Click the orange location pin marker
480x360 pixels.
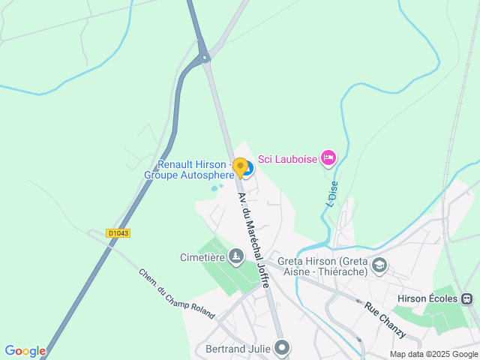[240, 166]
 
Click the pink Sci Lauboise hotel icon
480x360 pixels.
[328, 157]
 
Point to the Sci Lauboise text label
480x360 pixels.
[286, 158]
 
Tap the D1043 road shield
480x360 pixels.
[118, 233]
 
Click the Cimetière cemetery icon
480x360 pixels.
[237, 257]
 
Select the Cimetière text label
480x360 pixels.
[202, 257]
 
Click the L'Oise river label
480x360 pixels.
[331, 194]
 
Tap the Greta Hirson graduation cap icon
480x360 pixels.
[379, 265]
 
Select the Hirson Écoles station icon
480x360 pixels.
[467, 298]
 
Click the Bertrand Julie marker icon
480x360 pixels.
[282, 347]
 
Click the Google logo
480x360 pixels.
[25, 351]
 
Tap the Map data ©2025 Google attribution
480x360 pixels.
[433, 354]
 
